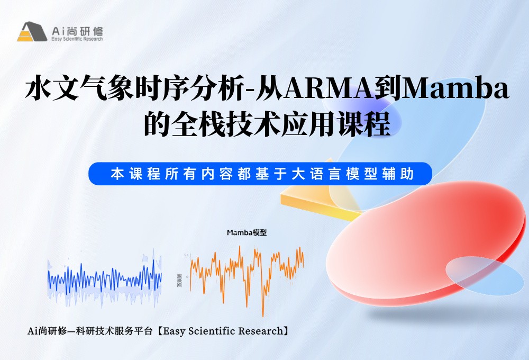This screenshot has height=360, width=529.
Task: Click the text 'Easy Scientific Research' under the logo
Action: point(77,39)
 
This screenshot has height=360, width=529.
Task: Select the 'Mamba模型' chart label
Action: point(247,232)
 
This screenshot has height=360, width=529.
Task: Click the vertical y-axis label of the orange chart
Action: point(180,280)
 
